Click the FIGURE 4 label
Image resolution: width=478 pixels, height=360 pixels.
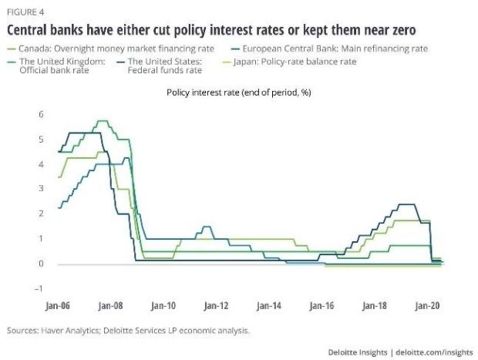pos(23,12)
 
